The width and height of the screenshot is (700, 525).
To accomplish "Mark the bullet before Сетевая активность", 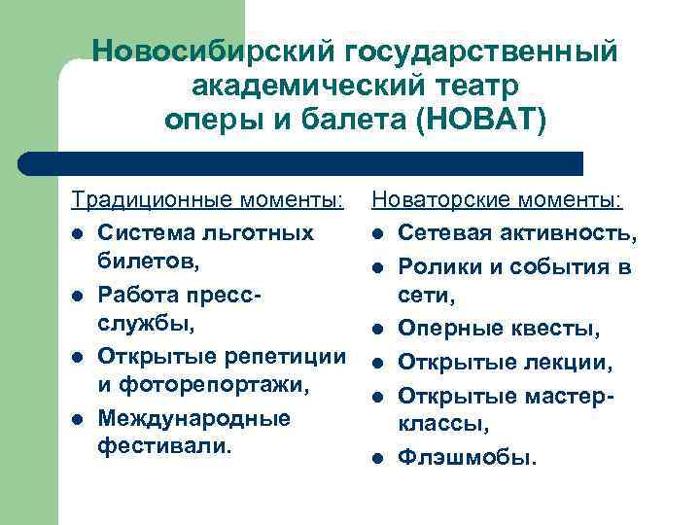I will [x=377, y=234].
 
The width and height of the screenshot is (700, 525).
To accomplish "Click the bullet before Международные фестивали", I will [x=77, y=419].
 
